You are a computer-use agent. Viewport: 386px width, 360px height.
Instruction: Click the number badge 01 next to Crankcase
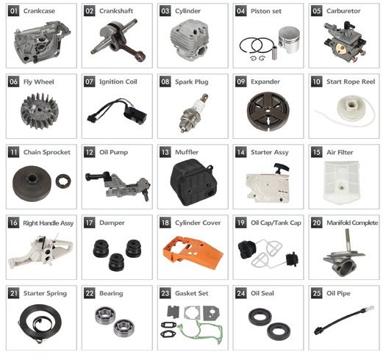(x=13, y=11)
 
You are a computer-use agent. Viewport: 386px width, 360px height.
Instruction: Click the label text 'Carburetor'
(x=343, y=11)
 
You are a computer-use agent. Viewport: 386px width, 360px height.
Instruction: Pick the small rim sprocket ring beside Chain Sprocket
(x=63, y=181)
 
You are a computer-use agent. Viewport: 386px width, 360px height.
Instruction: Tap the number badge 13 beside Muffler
(x=165, y=152)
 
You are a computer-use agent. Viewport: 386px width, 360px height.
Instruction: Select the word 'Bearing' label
(x=111, y=293)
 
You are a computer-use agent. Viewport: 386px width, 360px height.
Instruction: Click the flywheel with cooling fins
(x=40, y=111)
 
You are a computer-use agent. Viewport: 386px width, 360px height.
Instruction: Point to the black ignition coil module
(x=135, y=115)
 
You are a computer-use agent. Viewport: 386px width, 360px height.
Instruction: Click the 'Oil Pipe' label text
(x=338, y=293)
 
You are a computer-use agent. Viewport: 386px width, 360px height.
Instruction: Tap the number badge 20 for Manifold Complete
(x=316, y=223)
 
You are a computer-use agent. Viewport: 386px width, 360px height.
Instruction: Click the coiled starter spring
(x=40, y=323)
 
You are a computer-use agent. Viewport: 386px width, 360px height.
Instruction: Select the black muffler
(x=193, y=182)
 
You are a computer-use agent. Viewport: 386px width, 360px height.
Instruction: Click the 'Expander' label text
(x=265, y=82)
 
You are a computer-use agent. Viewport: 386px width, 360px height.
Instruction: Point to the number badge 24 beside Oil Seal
(x=240, y=293)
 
